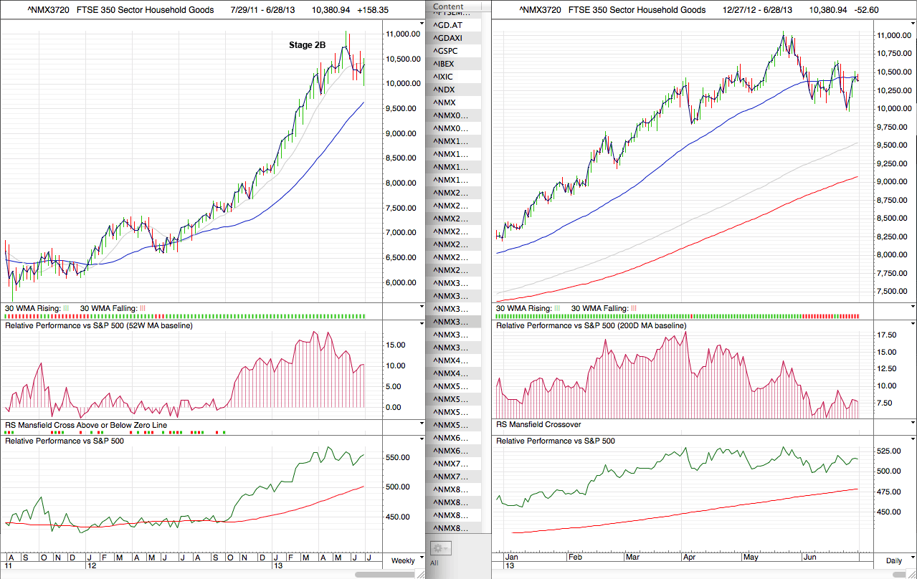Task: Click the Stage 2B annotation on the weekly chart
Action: (307, 45)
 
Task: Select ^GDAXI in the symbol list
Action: (449, 38)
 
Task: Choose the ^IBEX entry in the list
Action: (445, 64)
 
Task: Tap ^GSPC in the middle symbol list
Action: (447, 51)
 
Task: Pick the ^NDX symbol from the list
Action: (445, 90)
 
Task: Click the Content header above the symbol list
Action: (448, 6)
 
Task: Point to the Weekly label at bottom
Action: (402, 560)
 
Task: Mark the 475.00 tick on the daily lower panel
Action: (888, 492)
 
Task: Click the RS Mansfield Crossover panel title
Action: (538, 425)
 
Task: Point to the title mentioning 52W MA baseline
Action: (98, 326)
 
